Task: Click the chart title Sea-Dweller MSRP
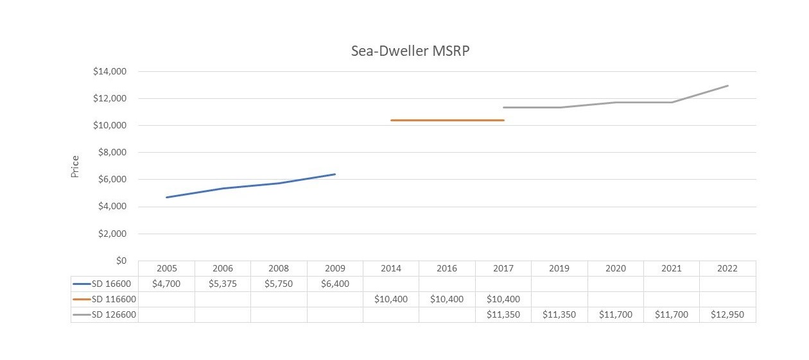[x=410, y=51]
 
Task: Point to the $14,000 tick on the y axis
[x=111, y=72]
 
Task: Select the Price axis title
[x=75, y=166]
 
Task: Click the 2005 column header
[x=166, y=268]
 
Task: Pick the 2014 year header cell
[x=390, y=268]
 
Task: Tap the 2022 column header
[x=727, y=268]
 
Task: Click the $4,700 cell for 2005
[x=166, y=284]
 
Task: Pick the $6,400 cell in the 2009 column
[x=335, y=284]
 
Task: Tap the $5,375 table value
[x=222, y=284]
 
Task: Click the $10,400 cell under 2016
[x=447, y=299]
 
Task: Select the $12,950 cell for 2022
[x=727, y=314]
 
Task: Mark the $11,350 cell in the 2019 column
[x=559, y=314]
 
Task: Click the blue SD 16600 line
[x=250, y=185]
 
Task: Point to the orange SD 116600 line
[x=447, y=120]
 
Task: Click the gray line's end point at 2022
[x=727, y=85]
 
